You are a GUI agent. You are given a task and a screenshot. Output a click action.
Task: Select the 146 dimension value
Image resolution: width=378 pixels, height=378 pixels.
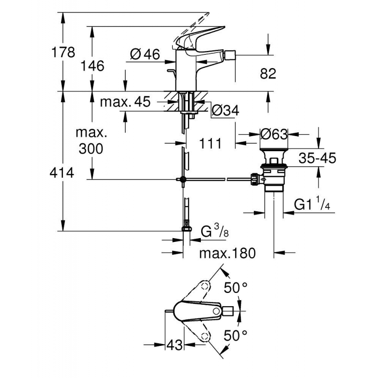93,66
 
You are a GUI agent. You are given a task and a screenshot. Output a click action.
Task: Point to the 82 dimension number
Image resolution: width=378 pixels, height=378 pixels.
267,73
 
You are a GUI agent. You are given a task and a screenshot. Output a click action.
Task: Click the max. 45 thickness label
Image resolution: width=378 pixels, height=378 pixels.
125,102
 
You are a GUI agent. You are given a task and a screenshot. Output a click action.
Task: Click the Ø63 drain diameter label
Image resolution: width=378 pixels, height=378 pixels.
274,134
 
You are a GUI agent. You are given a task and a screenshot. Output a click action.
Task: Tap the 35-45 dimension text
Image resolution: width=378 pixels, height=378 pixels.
317,158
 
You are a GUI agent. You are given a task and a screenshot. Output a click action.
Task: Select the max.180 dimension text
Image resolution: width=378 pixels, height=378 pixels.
227,253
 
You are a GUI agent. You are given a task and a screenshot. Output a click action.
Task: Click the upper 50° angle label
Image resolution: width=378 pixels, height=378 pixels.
236,288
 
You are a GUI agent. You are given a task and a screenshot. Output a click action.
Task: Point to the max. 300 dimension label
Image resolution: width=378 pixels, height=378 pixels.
92,141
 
